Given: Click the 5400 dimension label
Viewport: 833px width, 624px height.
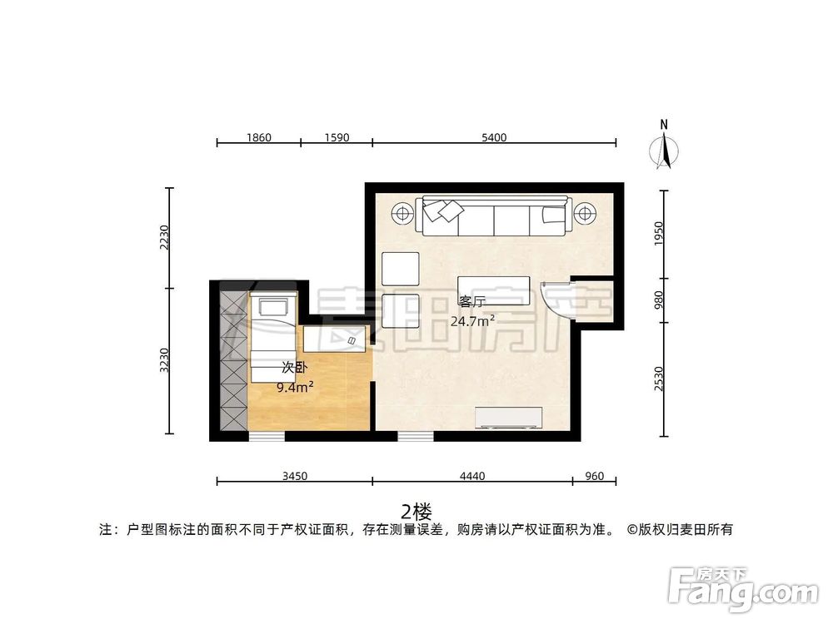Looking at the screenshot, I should pos(494,137).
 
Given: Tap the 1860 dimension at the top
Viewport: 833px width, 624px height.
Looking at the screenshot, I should pos(258,137).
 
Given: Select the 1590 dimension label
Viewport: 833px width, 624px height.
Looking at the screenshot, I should pos(337,137).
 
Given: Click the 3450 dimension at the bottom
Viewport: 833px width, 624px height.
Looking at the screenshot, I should pos(295,476).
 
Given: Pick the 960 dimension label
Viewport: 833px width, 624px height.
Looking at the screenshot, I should pos(594,476).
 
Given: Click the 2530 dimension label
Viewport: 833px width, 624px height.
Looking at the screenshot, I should pos(658,379).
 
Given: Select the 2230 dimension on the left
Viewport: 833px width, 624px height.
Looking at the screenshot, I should pos(165,238).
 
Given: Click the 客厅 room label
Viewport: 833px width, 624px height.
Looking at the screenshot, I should pos(471,302).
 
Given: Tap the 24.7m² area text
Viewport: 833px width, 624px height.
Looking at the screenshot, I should pos(472,319).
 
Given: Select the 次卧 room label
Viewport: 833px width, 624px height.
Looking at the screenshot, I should pos(291,367).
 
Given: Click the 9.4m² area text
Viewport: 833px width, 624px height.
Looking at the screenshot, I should pos(295,386).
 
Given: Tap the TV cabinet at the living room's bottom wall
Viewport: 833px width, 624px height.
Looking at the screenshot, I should pos(508,418).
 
